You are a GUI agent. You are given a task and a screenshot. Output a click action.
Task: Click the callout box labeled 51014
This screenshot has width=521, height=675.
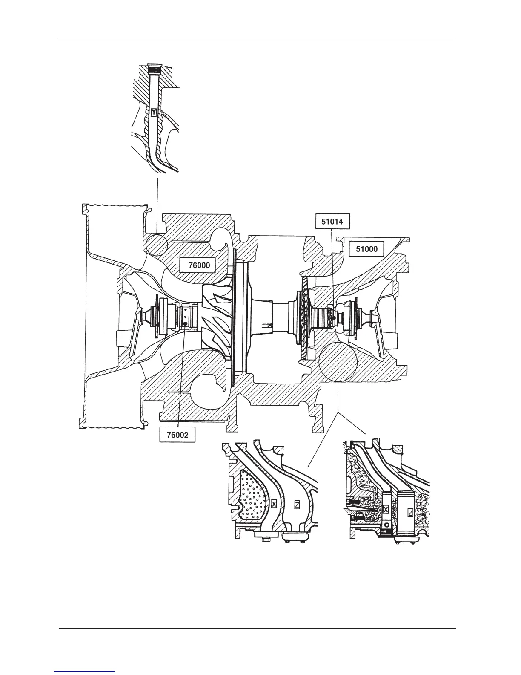coord(332,221)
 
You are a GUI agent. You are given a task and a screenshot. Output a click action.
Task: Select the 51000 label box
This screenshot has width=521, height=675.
coord(366,249)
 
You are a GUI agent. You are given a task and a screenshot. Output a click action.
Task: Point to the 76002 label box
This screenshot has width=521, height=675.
coord(177,435)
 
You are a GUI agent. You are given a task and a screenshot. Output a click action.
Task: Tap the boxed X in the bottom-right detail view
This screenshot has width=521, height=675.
coord(386,510)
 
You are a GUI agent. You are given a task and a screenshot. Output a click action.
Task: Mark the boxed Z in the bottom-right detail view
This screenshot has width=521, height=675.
coord(410,513)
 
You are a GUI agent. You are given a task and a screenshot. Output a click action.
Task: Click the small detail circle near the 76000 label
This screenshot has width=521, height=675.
coord(156,244)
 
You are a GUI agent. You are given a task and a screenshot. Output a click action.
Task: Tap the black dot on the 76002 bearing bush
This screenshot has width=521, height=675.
coord(185,323)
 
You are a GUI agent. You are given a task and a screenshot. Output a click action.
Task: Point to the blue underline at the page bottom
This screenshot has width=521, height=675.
coord(85,672)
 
